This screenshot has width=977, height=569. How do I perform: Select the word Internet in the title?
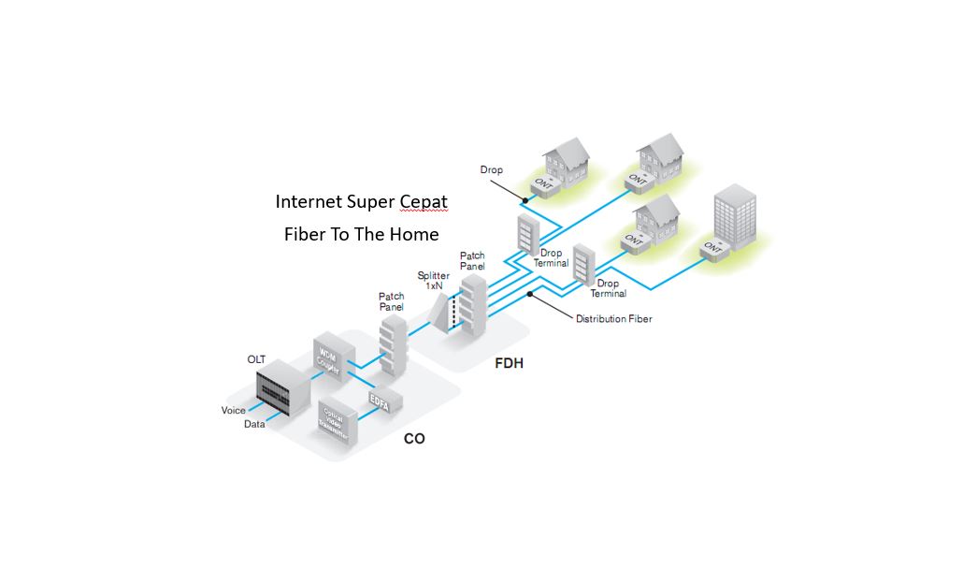tap(310, 202)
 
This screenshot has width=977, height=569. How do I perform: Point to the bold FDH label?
tap(509, 363)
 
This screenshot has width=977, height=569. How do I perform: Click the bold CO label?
tap(414, 438)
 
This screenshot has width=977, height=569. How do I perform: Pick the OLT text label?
tap(257, 359)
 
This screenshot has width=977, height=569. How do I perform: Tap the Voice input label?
tap(234, 411)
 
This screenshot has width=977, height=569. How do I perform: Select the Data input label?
tap(254, 424)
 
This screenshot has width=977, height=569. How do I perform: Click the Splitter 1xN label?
tap(433, 280)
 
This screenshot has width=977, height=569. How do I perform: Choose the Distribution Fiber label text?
tap(613, 319)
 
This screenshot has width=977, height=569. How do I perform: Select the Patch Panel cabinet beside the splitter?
tap(473, 299)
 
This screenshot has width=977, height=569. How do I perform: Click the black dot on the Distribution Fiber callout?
tap(530, 294)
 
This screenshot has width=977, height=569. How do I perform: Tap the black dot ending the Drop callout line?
tap(525, 199)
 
